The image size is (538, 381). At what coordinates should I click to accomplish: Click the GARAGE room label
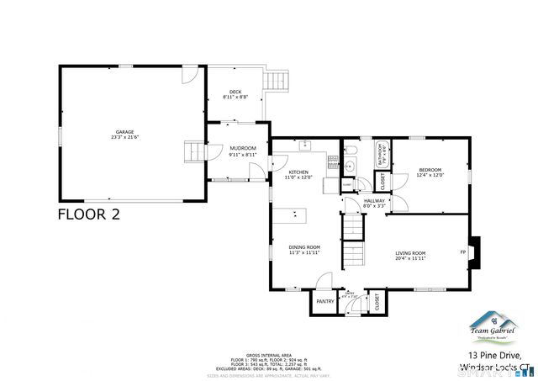tap(124, 131)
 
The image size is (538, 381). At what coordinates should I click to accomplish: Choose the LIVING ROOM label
tap(411, 253)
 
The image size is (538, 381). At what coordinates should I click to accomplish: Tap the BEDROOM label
tap(430, 170)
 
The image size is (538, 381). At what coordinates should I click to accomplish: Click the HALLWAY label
tap(373, 200)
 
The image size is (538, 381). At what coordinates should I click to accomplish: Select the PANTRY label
tap(324, 301)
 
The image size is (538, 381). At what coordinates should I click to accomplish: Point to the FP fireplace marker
tap(462, 252)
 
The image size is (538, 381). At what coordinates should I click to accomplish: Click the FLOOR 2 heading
tap(88, 214)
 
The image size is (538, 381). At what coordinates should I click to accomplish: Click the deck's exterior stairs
tap(277, 82)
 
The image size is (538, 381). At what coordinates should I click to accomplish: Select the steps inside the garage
tap(194, 152)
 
